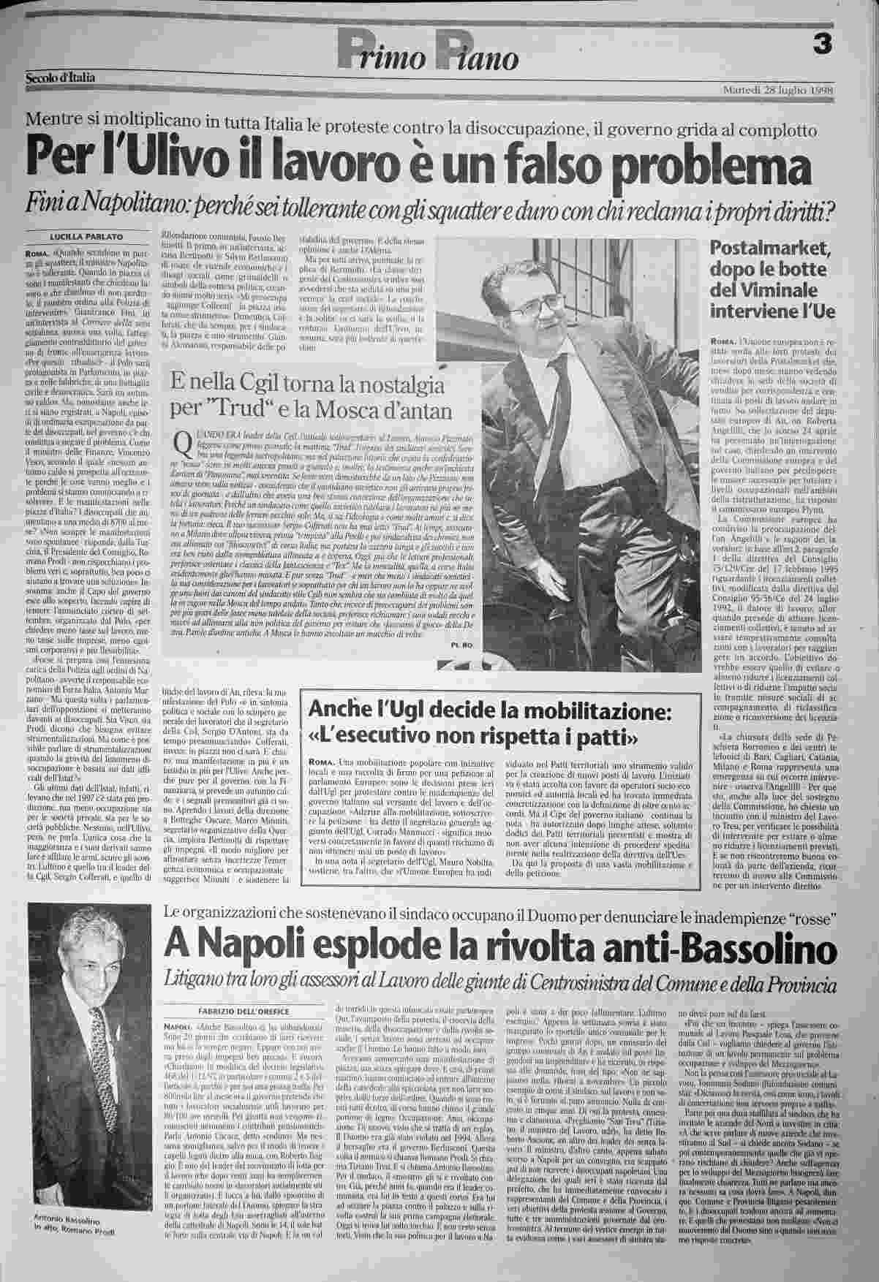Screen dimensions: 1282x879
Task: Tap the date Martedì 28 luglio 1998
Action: (777, 90)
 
